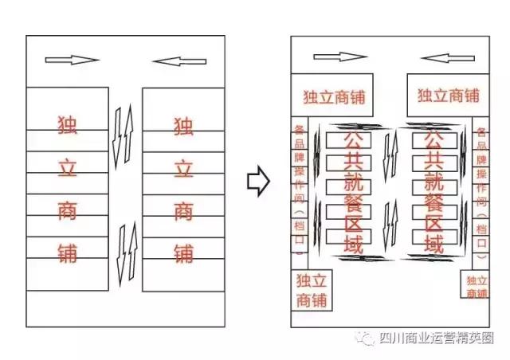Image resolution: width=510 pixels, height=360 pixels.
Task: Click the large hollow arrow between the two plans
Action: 256,182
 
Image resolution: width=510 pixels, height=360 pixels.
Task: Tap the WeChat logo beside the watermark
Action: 367,338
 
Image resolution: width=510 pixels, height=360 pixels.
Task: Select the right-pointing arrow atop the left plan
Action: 72,60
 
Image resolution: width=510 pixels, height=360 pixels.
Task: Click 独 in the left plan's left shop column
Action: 68,126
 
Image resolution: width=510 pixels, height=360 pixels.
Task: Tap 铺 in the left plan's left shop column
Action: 68,253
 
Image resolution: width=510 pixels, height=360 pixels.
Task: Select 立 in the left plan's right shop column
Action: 183,169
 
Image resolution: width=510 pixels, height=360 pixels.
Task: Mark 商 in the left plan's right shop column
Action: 183,212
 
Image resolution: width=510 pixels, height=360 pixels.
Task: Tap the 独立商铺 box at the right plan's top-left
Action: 335,96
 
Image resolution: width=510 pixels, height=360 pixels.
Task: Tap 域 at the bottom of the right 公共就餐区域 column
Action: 434,243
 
